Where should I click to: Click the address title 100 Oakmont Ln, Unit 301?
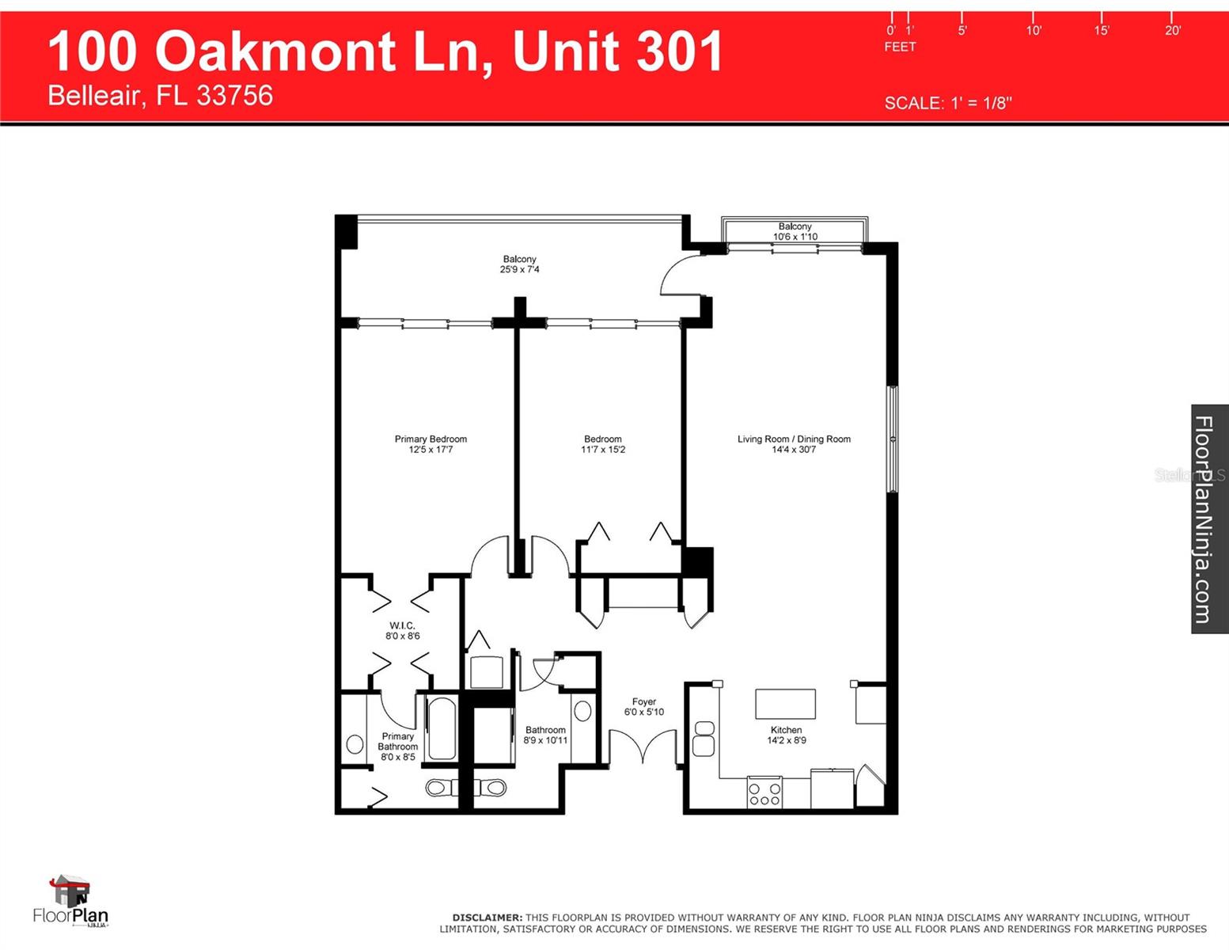[385, 51]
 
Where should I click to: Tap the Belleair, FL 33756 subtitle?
[160, 96]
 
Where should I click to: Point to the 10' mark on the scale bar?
[1033, 30]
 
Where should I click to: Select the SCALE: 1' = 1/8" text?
[947, 103]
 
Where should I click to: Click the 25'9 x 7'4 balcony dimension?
[519, 270]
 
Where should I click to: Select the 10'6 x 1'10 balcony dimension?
[795, 237]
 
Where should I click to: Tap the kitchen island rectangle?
[785, 704]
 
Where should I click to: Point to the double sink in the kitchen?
[704, 738]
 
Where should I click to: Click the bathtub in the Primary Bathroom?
[442, 728]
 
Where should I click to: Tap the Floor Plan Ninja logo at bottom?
[70, 902]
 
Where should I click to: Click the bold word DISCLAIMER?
[487, 918]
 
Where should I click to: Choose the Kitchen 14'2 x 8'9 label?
[786, 735]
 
